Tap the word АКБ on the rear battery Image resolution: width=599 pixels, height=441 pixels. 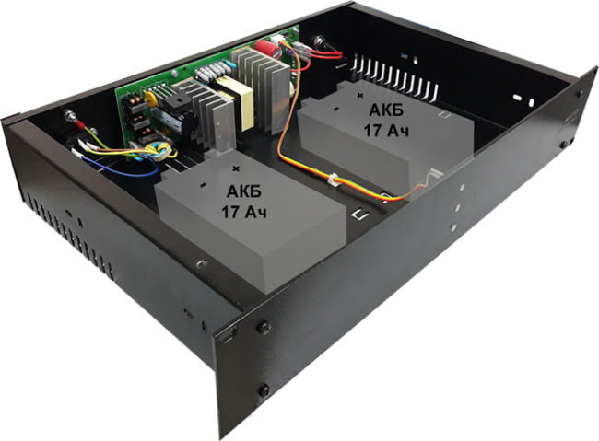[x=384, y=110]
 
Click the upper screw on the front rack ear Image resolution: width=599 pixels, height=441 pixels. [x=265, y=328]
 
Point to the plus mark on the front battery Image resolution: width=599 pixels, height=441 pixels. [x=237, y=168]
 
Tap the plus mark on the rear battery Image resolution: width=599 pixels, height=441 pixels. [x=358, y=93]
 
